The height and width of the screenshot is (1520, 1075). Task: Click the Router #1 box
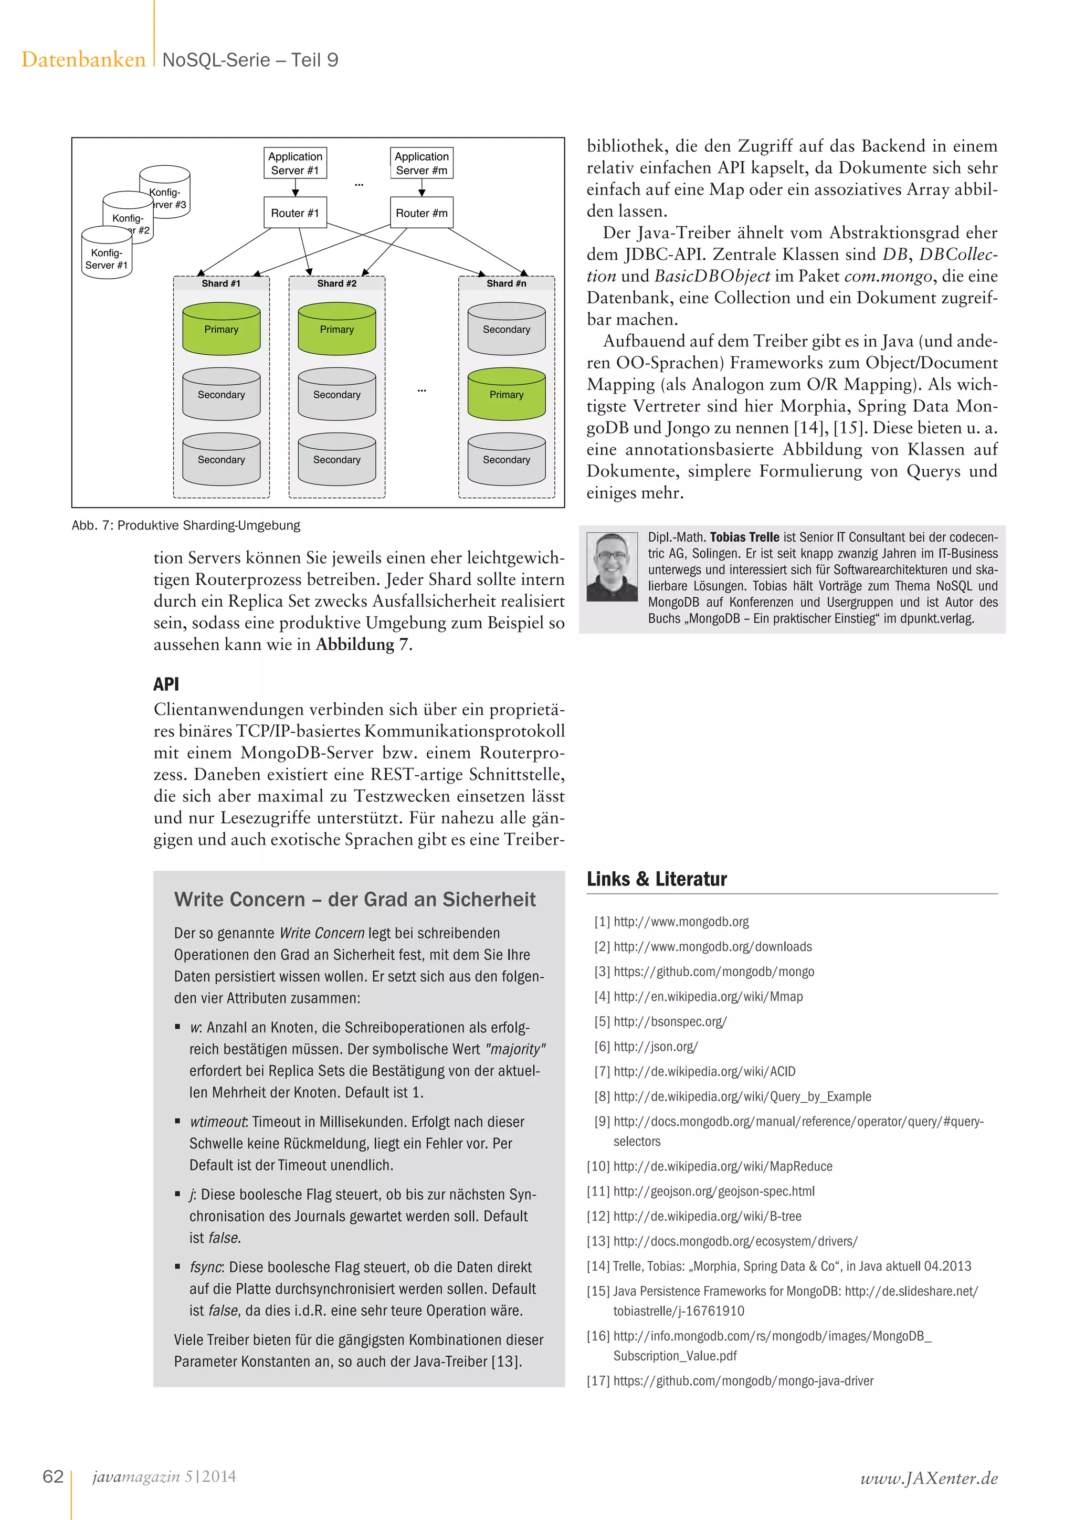tap(294, 213)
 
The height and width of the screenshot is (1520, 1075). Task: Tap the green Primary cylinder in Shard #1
tap(221, 329)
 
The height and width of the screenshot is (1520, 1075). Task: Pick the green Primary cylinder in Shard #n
tap(507, 395)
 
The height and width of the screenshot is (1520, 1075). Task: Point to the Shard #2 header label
tap(336, 283)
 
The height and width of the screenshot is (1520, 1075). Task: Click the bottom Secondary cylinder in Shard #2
tap(336, 459)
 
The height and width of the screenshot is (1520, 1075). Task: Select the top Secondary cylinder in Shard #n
tap(507, 329)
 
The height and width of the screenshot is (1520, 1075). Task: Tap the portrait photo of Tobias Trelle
tap(613, 567)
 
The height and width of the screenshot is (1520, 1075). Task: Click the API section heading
tap(166, 684)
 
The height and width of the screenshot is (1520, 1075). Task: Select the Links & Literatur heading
tap(657, 879)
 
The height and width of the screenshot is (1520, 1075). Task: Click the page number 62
tap(53, 1477)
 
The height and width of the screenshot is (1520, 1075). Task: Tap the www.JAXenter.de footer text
tap(929, 1477)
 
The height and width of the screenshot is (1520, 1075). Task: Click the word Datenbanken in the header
tap(83, 60)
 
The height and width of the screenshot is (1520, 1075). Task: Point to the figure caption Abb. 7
tap(185, 525)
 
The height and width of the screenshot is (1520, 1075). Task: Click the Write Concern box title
tap(355, 899)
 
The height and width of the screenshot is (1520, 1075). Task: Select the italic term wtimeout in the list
tap(218, 1122)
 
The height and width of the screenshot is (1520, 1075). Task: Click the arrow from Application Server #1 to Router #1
tap(295, 187)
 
